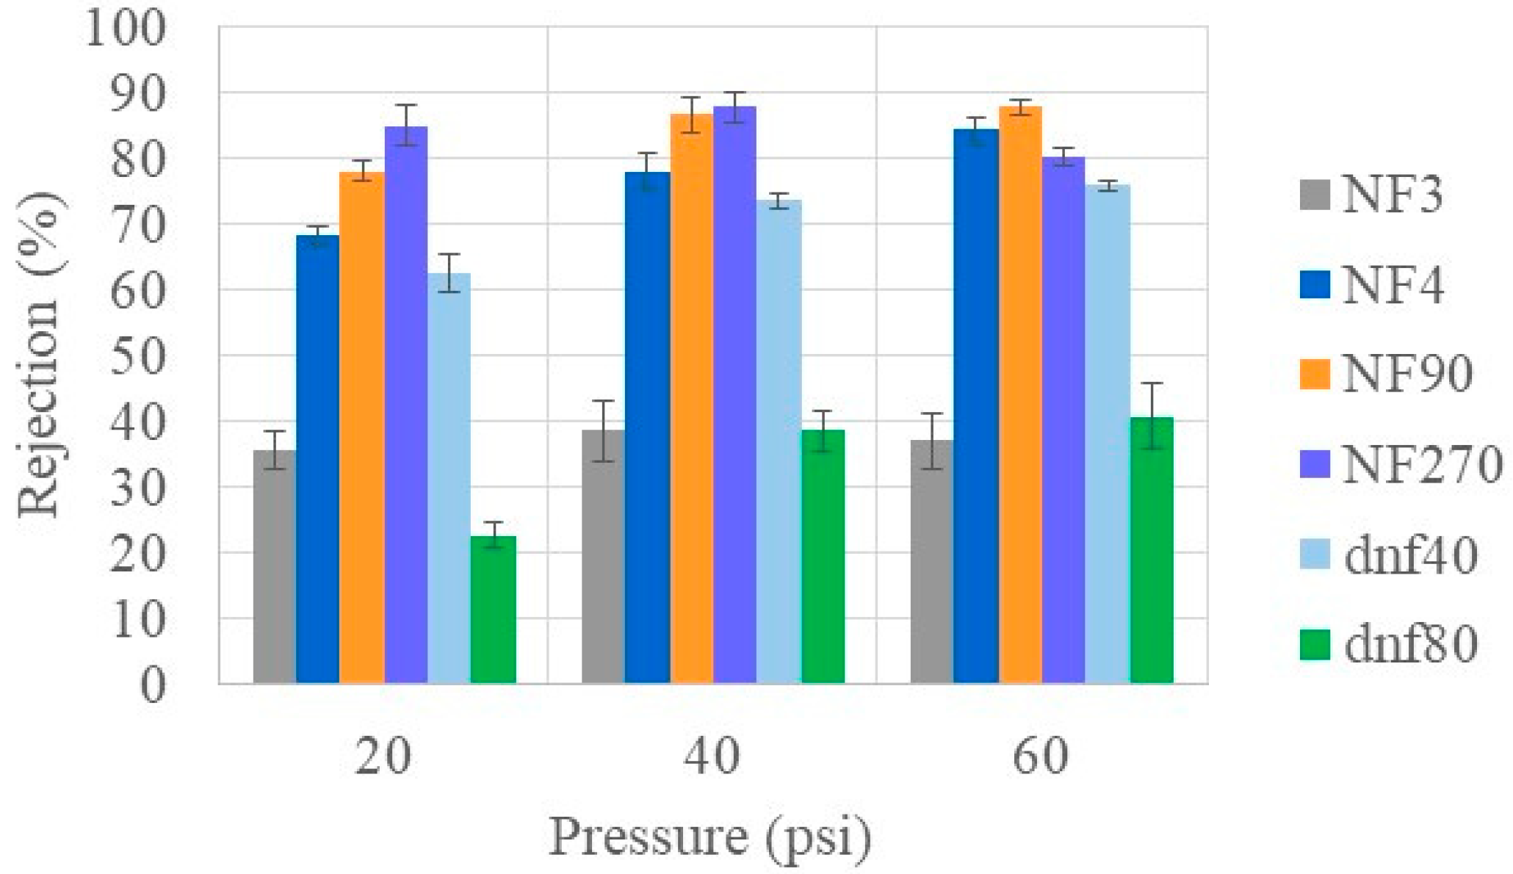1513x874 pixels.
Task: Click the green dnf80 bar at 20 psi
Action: pyautogui.click(x=493, y=610)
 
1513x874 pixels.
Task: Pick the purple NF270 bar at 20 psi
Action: pyautogui.click(x=405, y=404)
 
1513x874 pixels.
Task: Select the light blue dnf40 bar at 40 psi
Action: pyautogui.click(x=779, y=441)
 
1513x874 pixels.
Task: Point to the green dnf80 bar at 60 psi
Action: pyautogui.click(x=1151, y=551)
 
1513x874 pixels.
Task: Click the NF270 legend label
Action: pyautogui.click(x=1422, y=465)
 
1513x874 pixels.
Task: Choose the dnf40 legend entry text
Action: pyautogui.click(x=1410, y=555)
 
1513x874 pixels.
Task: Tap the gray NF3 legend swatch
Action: pyautogui.click(x=1315, y=195)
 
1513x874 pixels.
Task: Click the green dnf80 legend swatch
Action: pyautogui.click(x=1315, y=645)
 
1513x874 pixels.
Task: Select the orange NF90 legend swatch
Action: pyautogui.click(x=1315, y=375)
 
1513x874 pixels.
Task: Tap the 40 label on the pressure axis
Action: pyautogui.click(x=711, y=756)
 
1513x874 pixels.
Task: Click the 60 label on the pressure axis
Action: pyautogui.click(x=1040, y=756)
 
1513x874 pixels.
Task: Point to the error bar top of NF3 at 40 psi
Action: pyautogui.click(x=603, y=401)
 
